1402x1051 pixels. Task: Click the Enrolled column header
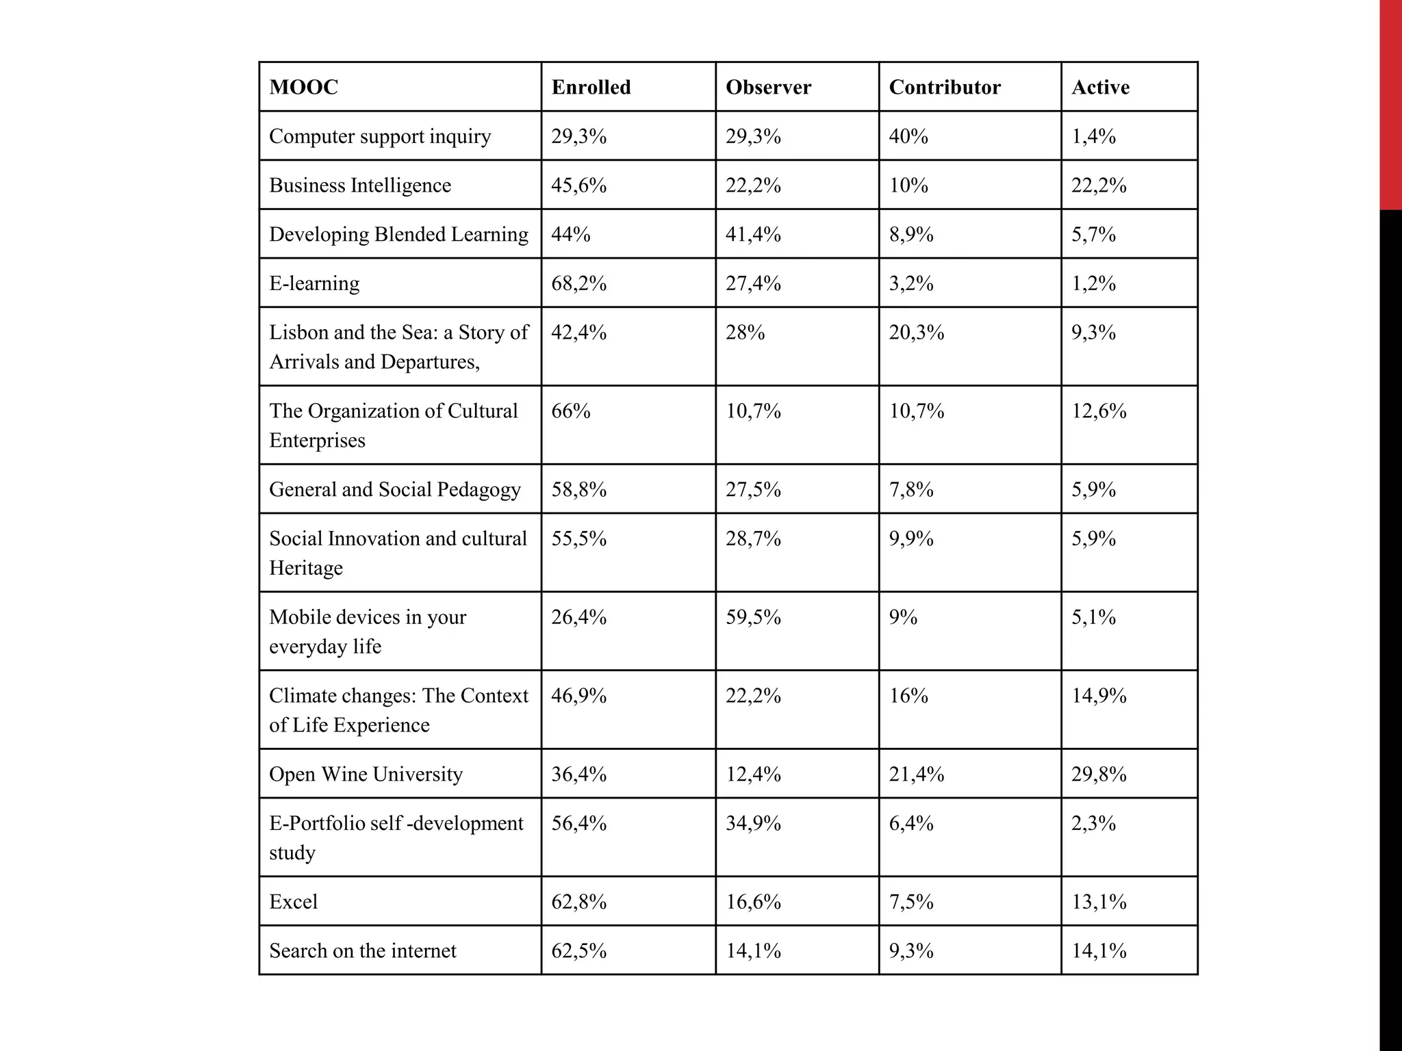pos(591,88)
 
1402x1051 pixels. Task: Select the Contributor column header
pos(944,88)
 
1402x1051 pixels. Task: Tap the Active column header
pos(1100,88)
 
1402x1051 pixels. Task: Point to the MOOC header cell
pos(303,88)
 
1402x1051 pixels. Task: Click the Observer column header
pos(768,88)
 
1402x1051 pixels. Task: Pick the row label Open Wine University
pos(366,774)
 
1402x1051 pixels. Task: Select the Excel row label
pos(293,901)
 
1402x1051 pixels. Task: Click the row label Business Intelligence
pos(360,185)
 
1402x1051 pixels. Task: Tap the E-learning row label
pos(314,283)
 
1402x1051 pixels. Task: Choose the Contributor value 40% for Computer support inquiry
pos(908,136)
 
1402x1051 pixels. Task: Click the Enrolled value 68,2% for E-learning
pos(578,283)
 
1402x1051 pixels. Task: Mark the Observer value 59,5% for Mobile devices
pos(753,617)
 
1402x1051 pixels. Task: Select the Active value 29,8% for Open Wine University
pos(1099,774)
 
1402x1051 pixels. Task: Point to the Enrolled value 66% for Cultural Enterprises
pos(570,411)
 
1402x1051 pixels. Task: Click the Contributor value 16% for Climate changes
pos(908,696)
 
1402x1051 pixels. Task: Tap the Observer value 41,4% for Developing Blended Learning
pos(753,235)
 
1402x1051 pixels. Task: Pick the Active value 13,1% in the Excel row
pos(1099,901)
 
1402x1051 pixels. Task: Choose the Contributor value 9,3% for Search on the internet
pos(911,950)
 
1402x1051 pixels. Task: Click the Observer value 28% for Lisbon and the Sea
pos(745,333)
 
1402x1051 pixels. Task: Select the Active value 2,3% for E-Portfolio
pos(1093,823)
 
